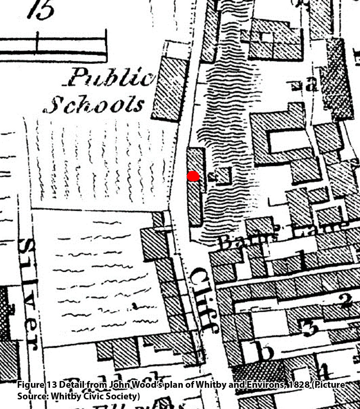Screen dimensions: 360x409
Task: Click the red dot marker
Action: [193, 176]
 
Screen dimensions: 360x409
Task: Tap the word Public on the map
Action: [110, 78]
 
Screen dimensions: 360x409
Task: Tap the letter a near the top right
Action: [312, 84]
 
